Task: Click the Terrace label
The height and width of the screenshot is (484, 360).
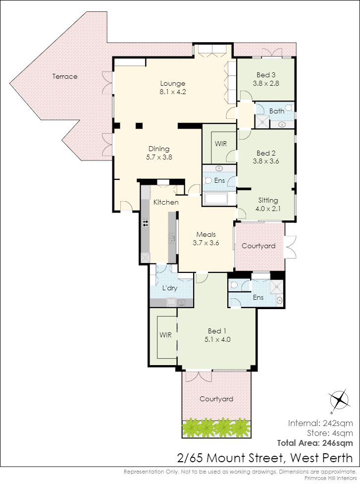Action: point(65,77)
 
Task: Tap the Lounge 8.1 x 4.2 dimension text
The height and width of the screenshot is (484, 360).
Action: point(173,92)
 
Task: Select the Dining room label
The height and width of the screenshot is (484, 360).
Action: point(159,149)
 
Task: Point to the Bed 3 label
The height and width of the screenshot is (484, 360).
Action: point(266,75)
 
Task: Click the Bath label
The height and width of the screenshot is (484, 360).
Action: point(277,111)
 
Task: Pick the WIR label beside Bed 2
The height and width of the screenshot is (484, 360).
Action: point(221,144)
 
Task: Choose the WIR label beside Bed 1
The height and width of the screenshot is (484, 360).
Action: point(165,335)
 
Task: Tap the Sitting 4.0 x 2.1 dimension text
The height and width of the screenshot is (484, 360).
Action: point(268,209)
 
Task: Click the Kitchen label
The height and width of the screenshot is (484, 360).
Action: point(166,202)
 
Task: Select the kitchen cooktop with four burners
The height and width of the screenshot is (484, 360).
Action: point(145,222)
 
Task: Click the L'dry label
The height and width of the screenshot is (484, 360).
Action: point(170,288)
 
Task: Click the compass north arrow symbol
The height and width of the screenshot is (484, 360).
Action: point(339,400)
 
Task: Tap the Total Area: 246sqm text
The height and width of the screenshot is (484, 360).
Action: point(315,443)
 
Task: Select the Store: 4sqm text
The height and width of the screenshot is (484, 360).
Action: point(330,433)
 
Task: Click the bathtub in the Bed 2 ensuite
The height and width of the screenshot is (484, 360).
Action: point(216,199)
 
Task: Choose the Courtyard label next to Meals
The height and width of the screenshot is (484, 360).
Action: point(258,246)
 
